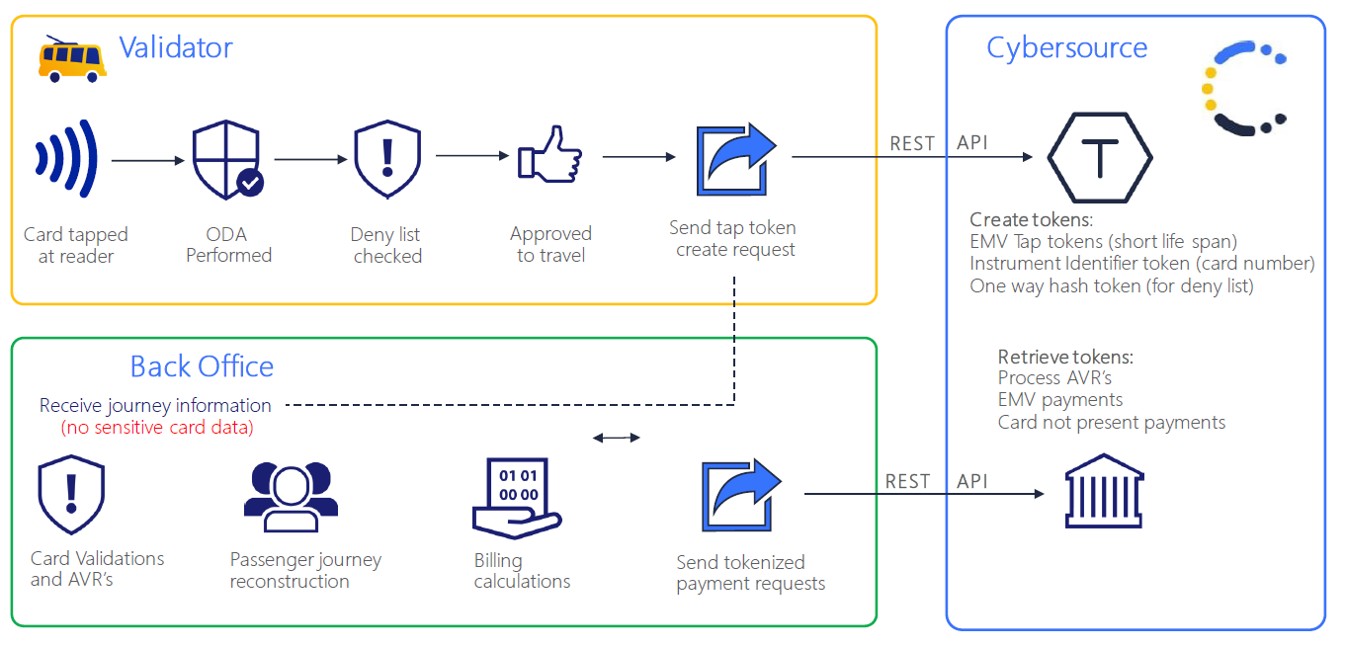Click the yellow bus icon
coord(71,59)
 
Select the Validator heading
coord(175,47)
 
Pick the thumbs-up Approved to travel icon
coord(549,156)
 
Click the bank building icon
coord(1101,493)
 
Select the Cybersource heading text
coord(1066,47)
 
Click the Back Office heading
coord(202,366)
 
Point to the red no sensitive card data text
coord(157,428)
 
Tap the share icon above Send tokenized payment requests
coord(741,497)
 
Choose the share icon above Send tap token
coord(736,159)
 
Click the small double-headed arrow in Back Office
coord(617,438)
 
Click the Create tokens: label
coord(1031,220)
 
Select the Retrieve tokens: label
coord(1065,357)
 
